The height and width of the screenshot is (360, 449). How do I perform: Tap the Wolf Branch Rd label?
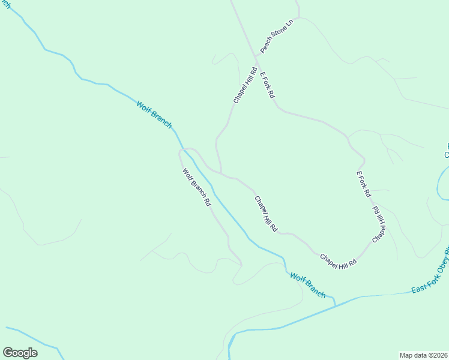[x=197, y=187]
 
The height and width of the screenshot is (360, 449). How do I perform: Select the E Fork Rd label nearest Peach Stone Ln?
[x=267, y=85]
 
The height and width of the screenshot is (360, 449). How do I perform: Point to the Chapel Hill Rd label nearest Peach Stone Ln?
[x=245, y=85]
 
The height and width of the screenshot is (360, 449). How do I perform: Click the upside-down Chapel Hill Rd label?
[x=378, y=224]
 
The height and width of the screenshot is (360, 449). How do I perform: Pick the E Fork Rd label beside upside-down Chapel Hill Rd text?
[x=364, y=185]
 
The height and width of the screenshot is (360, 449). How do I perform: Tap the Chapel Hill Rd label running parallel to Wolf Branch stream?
[x=266, y=214]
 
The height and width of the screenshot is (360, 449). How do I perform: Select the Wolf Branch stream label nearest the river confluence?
[x=308, y=284]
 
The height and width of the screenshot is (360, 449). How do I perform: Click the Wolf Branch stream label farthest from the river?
[x=154, y=114]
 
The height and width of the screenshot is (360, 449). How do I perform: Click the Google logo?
[x=20, y=353]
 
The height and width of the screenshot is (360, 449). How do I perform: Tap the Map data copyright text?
[x=423, y=355]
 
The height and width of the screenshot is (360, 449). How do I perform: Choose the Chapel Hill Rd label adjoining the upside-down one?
[x=339, y=260]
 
